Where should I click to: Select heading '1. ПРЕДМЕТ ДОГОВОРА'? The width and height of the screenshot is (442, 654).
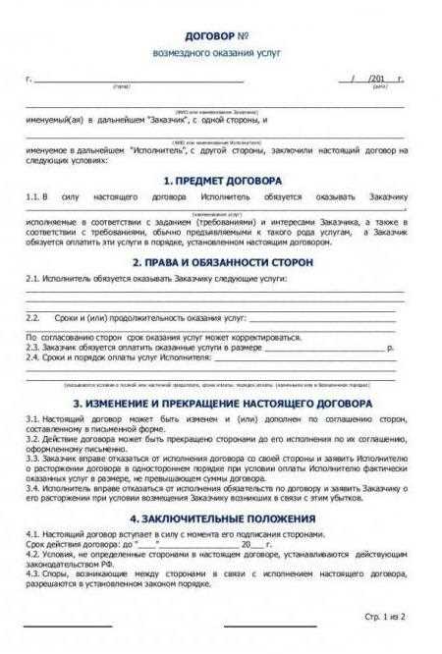222,182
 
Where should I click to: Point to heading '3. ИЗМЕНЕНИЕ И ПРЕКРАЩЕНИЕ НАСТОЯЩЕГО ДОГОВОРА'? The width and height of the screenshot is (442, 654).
222,404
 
